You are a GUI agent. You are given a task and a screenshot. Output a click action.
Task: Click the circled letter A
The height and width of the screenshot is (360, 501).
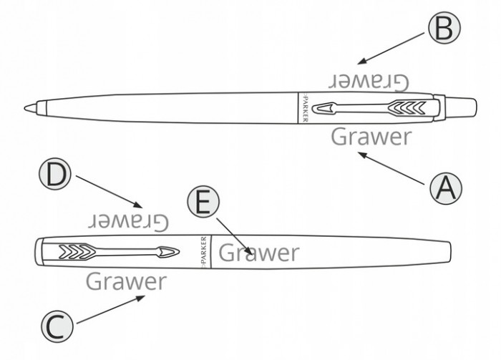(446, 188)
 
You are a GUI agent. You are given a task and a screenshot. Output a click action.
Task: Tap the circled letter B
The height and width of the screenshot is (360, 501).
(444, 29)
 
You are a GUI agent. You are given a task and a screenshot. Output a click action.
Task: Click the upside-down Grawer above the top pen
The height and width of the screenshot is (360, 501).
(369, 80)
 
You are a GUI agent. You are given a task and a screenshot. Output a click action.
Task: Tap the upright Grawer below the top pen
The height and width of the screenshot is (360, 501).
(371, 135)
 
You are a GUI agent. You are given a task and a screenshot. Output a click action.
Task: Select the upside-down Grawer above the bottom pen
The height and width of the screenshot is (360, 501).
(129, 220)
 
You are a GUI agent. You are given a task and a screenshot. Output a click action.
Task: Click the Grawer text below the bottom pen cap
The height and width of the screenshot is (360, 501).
(126, 281)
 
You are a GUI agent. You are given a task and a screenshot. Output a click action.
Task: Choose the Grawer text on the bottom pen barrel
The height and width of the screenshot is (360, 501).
(258, 252)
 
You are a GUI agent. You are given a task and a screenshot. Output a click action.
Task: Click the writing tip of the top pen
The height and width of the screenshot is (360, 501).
(29, 107)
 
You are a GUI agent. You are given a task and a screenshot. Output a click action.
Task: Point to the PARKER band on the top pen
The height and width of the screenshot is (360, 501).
(303, 108)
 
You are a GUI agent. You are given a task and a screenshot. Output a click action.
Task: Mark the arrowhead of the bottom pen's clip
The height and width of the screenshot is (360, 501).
(169, 252)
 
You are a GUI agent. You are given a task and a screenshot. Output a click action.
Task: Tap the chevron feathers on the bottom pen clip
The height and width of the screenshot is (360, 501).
(74, 251)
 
